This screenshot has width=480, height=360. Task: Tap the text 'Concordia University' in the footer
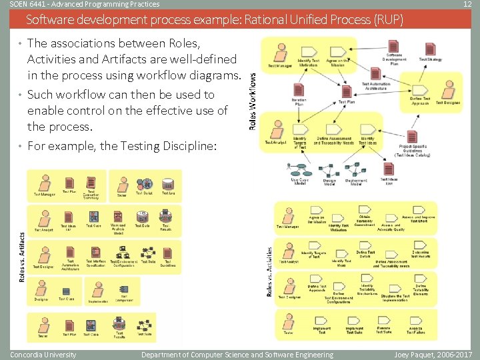[x=43, y=355]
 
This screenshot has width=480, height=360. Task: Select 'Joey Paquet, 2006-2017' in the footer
[x=433, y=355]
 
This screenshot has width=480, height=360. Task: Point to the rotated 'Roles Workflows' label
[x=252, y=100]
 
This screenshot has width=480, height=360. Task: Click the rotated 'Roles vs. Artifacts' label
[x=21, y=247]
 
